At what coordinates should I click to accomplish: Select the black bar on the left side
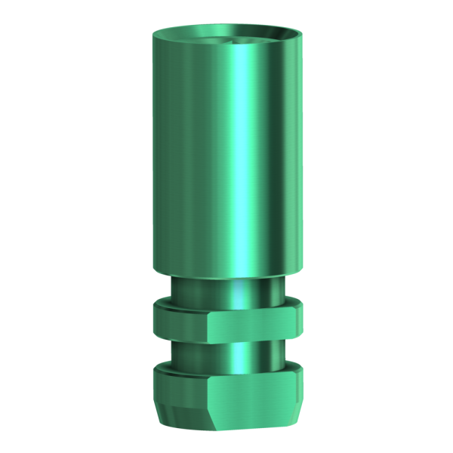tap(60, 226)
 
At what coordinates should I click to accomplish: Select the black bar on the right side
tap(392, 226)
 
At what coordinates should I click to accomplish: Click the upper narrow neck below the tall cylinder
tap(226, 287)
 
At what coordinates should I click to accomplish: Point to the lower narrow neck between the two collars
tap(226, 350)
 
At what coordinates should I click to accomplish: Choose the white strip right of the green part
tap(317, 226)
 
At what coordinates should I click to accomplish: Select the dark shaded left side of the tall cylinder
tap(162, 151)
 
